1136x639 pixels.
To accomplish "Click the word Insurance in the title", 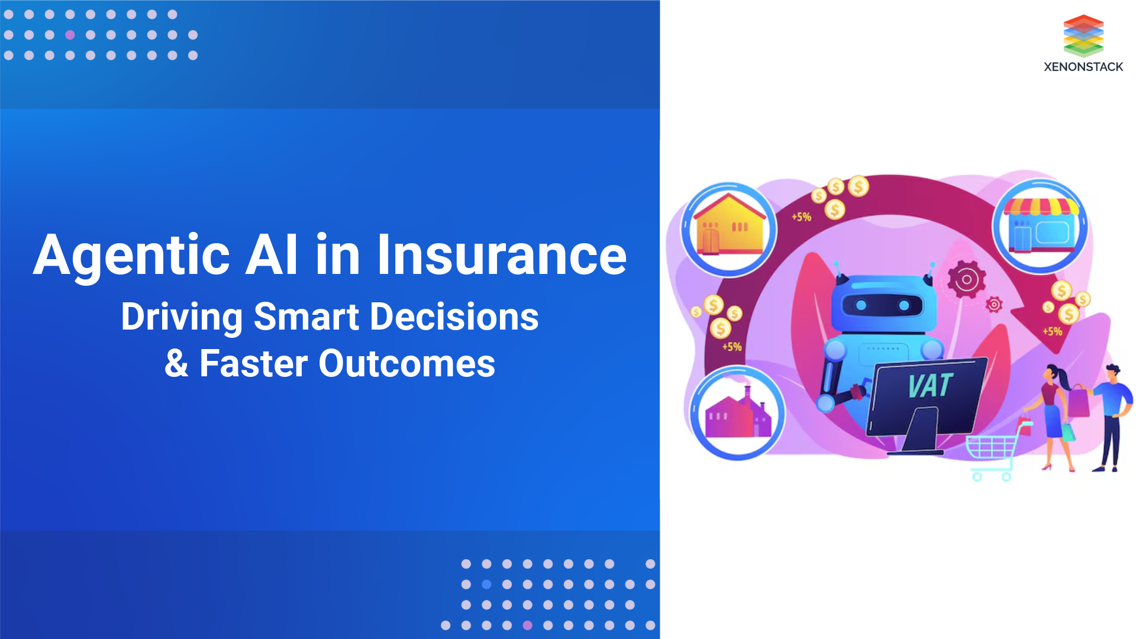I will click(x=502, y=255).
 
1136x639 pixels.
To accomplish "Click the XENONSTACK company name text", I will click(x=1083, y=67).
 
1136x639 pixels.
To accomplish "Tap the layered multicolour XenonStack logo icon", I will click(x=1083, y=35).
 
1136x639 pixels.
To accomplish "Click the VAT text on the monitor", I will click(x=930, y=386).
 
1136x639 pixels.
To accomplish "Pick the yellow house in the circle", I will click(x=729, y=228).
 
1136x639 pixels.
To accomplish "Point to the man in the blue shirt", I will click(x=1112, y=414).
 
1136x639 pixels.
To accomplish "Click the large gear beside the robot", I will click(x=966, y=279).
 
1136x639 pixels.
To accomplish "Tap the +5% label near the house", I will click(x=801, y=217).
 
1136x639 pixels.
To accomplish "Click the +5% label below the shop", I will click(x=1052, y=331).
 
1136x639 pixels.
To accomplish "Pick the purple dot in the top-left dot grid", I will click(x=70, y=35).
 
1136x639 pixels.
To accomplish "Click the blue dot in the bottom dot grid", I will click(x=486, y=585).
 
